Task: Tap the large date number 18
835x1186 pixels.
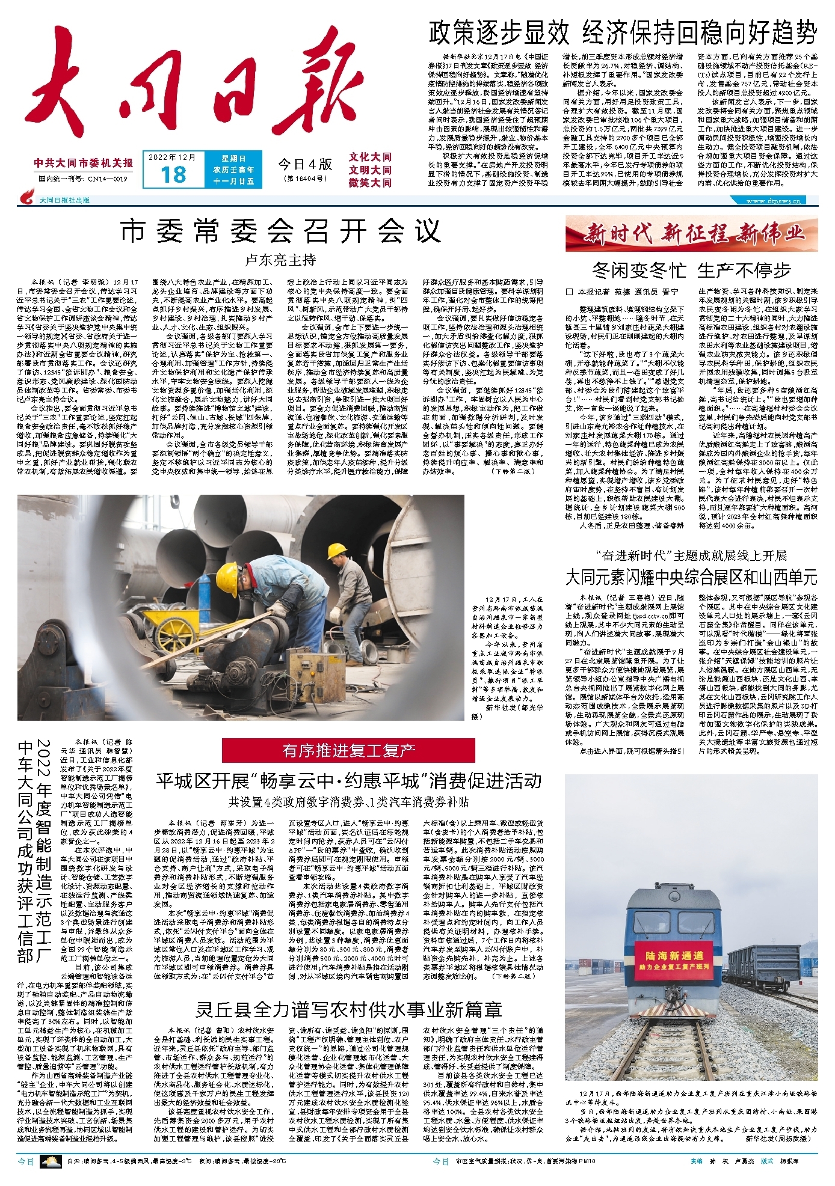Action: (173, 174)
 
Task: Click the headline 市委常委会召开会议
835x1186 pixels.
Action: (280, 231)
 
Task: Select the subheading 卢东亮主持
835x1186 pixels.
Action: (280, 260)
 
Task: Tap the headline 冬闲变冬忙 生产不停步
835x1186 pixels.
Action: (691, 271)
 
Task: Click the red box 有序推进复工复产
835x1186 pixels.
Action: (349, 750)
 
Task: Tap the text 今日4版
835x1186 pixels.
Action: (305, 164)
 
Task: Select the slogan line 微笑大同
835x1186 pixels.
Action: (370, 183)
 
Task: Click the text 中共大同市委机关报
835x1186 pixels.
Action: (84, 163)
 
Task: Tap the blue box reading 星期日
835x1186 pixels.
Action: (233, 159)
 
